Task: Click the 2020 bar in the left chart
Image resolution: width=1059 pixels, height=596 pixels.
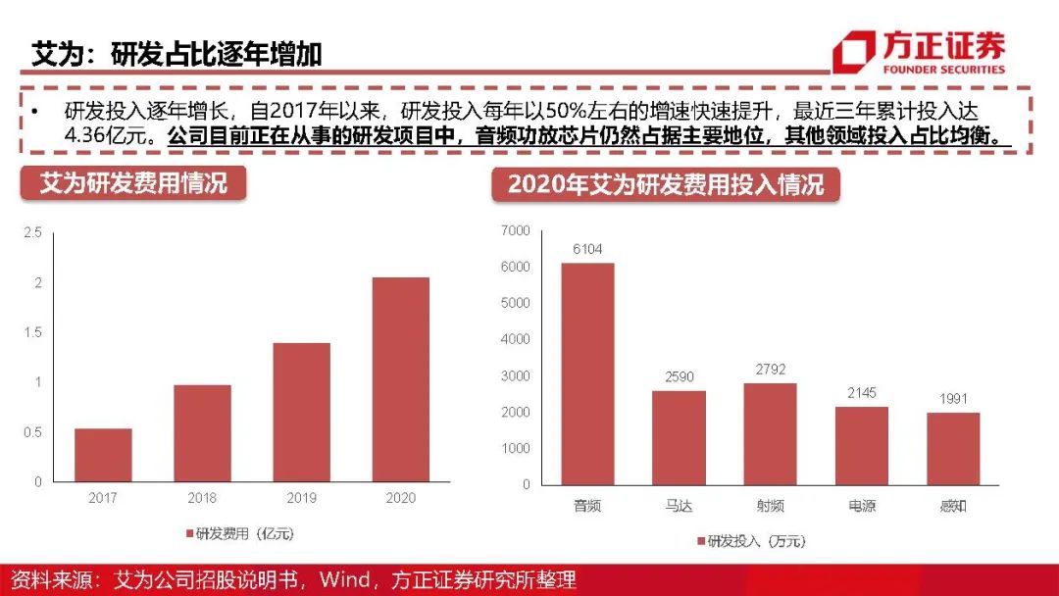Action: click(x=400, y=379)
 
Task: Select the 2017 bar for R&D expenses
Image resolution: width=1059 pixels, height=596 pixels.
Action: click(x=103, y=455)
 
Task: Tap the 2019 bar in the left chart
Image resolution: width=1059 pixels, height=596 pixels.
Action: click(x=301, y=412)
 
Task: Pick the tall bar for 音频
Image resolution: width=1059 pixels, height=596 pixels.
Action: click(x=587, y=373)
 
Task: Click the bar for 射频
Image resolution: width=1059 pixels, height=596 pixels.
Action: click(x=770, y=433)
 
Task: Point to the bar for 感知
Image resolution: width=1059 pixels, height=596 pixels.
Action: click(x=953, y=448)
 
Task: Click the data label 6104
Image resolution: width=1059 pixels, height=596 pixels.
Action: click(x=587, y=249)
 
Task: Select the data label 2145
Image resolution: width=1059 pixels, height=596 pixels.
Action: click(x=862, y=392)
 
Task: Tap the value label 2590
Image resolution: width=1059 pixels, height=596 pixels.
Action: click(x=679, y=376)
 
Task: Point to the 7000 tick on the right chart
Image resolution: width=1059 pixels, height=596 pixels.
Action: click(x=515, y=230)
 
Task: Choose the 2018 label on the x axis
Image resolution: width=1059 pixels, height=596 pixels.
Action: click(x=202, y=498)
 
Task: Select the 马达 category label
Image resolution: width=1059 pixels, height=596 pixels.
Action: click(x=679, y=507)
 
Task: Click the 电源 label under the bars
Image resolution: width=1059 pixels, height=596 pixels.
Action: click(x=862, y=507)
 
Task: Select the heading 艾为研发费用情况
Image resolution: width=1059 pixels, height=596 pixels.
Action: click(x=133, y=183)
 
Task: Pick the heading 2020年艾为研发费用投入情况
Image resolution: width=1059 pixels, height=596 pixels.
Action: click(x=666, y=183)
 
